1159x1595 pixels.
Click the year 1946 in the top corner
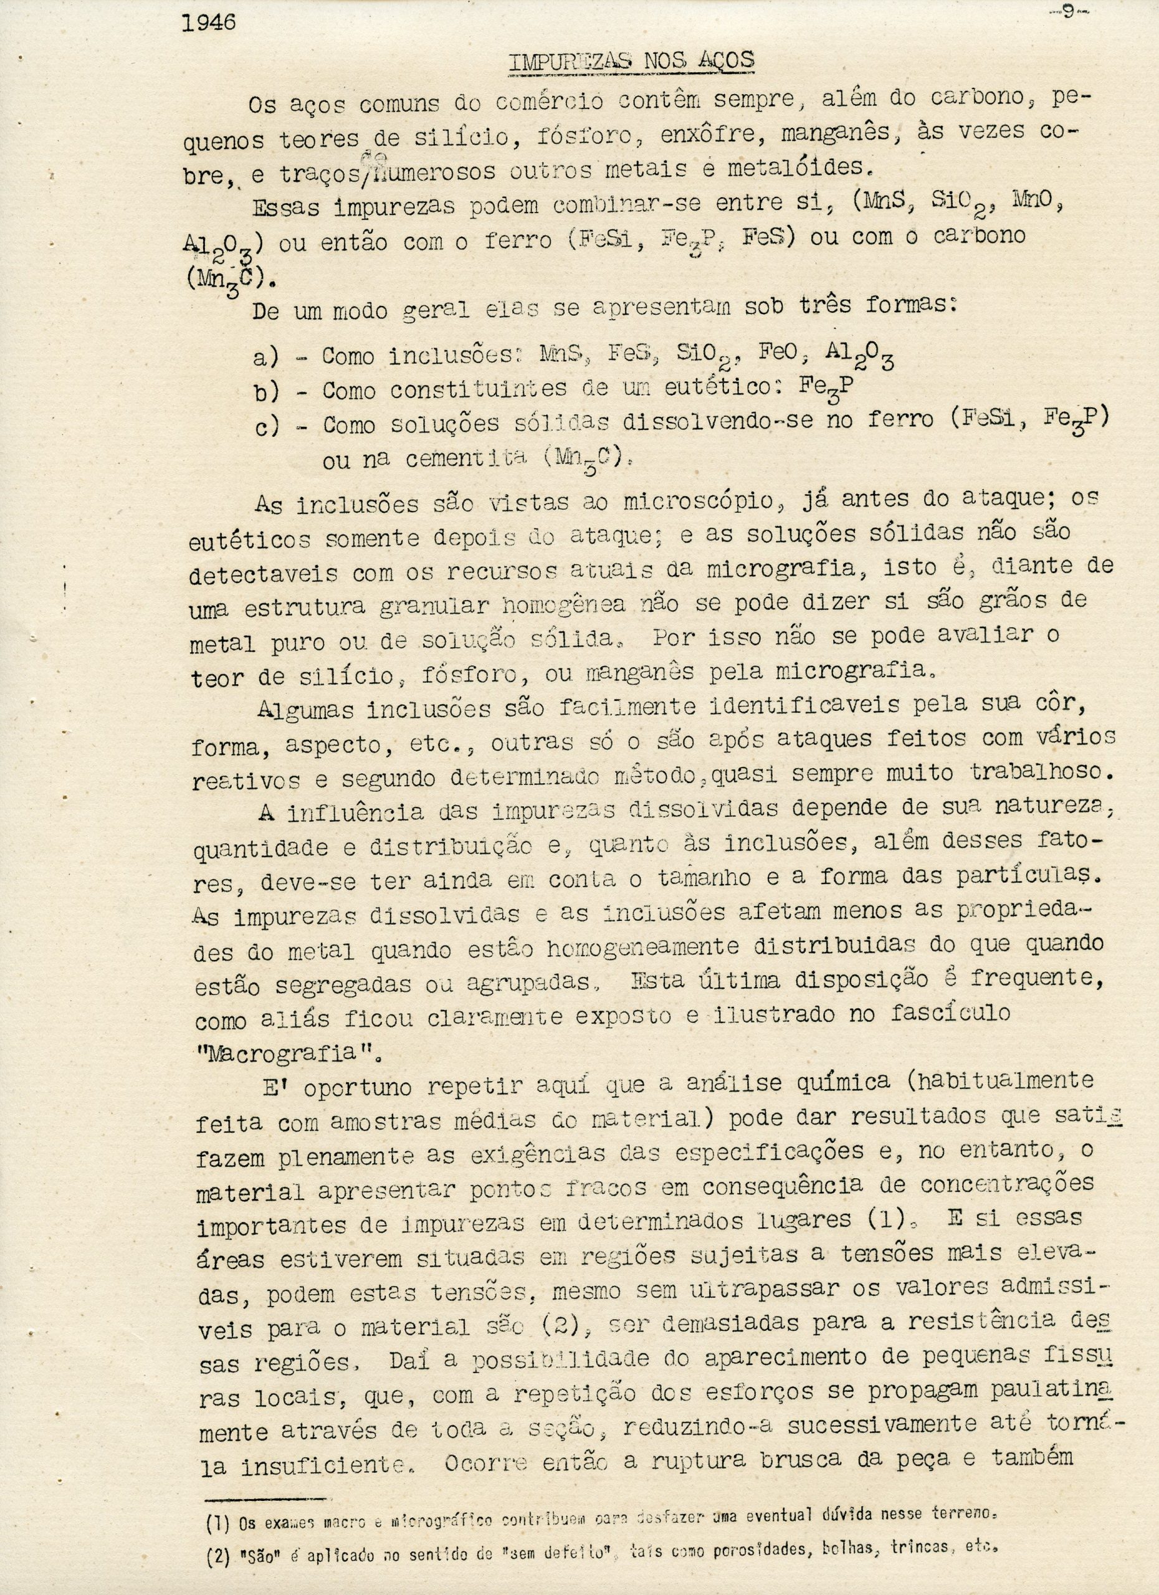coord(208,24)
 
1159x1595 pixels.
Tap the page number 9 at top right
coord(1068,13)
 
